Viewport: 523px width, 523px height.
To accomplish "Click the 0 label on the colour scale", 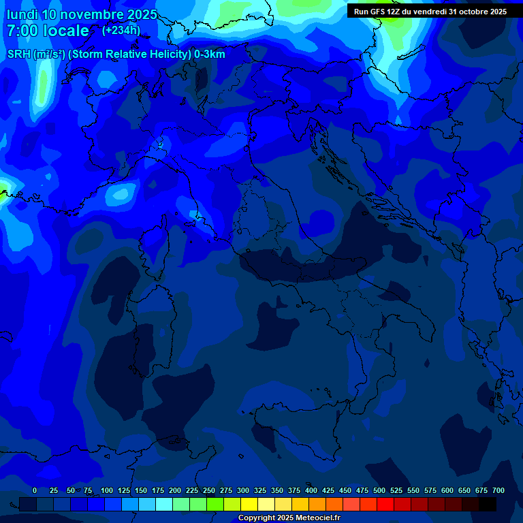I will pyautogui.click(x=35, y=490).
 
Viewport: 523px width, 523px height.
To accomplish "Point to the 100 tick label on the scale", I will pyautogui.click(x=107, y=490).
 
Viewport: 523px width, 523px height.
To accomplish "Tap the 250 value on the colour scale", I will pyautogui.click(x=209, y=490).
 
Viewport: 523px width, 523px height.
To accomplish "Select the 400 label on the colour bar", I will pyautogui.click(x=311, y=490).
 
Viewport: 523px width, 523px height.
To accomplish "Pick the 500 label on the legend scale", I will pyautogui.click(x=379, y=490).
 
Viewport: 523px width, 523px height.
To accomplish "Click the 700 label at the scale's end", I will pyautogui.click(x=498, y=490).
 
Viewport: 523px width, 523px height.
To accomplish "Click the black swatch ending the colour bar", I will pyautogui.click(x=488, y=504).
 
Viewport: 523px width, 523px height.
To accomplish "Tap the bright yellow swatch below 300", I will pyautogui.click(x=249, y=504).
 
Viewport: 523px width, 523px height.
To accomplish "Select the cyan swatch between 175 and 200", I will pyautogui.click(x=164, y=504).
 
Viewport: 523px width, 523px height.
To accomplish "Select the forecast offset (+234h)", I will pyautogui.click(x=121, y=30).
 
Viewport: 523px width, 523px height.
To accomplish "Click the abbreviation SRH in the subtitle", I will pyautogui.click(x=19, y=54).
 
